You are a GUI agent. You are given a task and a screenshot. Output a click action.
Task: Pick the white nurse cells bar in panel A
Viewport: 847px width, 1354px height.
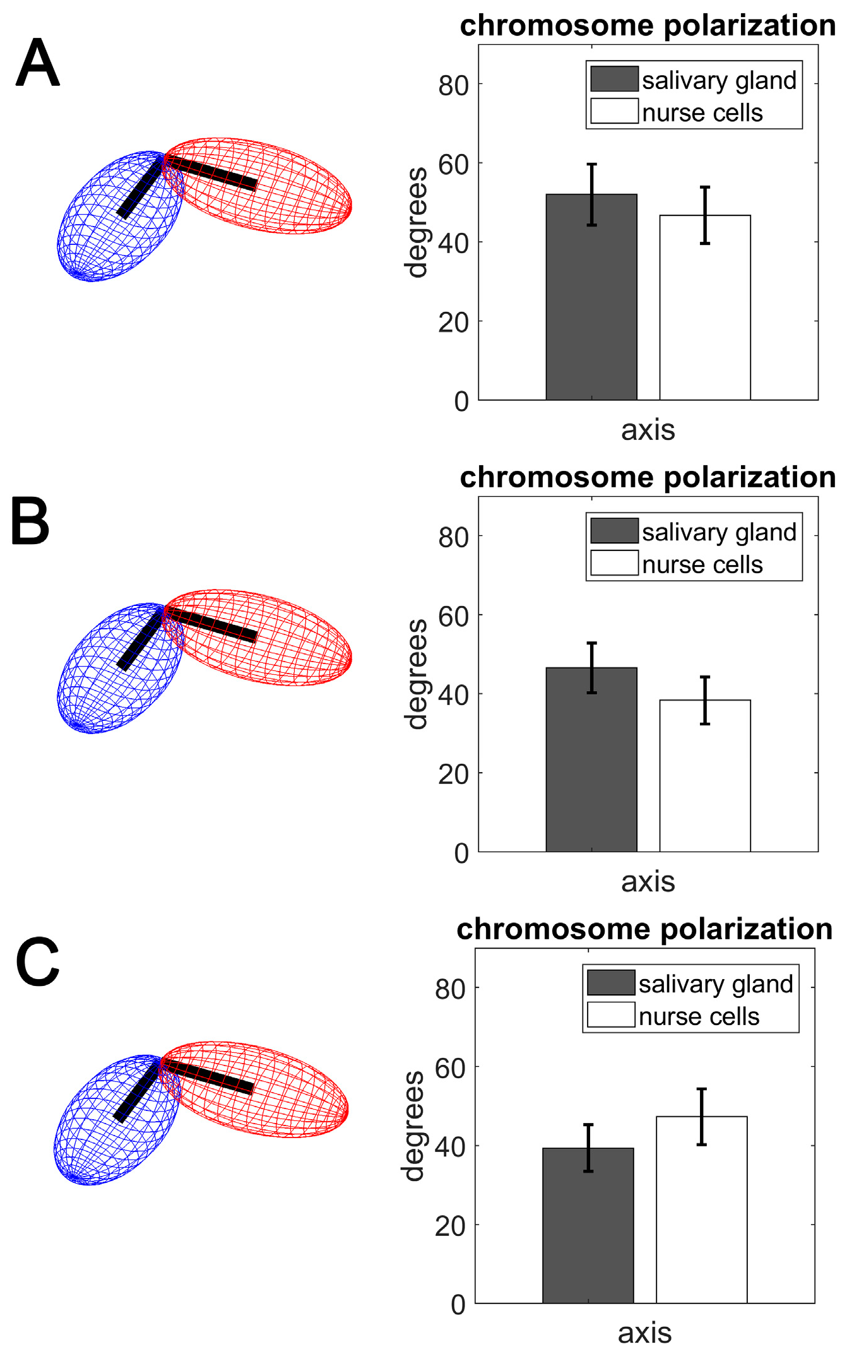pos(704,309)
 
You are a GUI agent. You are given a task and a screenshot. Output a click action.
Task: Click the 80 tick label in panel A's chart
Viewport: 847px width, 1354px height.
pos(453,85)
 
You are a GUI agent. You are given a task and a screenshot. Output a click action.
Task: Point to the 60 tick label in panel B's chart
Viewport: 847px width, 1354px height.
pos(453,617)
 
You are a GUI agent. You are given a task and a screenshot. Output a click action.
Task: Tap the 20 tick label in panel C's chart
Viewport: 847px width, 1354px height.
pos(450,1226)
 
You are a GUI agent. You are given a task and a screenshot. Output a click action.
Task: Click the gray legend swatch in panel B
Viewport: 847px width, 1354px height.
pos(613,531)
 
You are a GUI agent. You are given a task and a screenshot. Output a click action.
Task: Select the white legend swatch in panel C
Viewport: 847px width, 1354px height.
pos(610,1014)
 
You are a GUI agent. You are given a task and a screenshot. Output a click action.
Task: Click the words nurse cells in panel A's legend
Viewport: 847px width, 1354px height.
pos(702,113)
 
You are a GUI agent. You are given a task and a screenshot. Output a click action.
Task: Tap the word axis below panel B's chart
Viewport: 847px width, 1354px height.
pos(648,882)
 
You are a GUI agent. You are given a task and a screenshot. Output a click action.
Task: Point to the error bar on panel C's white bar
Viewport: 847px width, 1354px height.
pos(701,1117)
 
